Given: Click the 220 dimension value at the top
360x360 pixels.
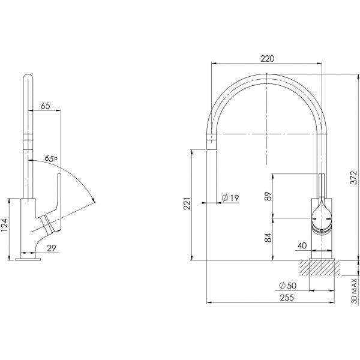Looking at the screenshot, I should point(268,59).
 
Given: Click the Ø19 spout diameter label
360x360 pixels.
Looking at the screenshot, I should point(231,197).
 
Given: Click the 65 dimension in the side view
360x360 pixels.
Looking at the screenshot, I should point(45,106).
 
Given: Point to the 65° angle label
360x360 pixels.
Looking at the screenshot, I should point(52,159).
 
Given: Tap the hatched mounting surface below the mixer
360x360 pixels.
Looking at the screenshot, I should point(323,268).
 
